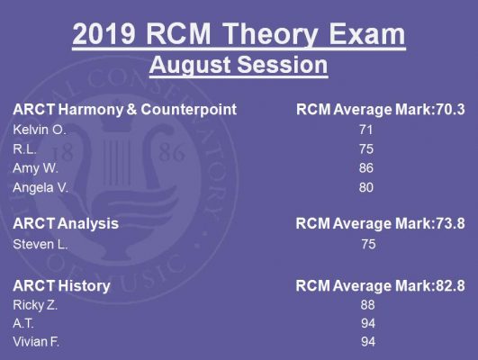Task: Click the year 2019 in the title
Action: [x=104, y=34]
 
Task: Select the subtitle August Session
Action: [x=239, y=65]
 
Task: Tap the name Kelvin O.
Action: [x=40, y=130]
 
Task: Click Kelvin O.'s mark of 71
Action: [x=365, y=130]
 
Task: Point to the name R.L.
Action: [x=24, y=149]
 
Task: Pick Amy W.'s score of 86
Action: [x=365, y=168]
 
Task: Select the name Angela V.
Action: [x=41, y=188]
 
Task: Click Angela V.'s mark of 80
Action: [x=365, y=187]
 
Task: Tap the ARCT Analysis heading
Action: [x=66, y=224]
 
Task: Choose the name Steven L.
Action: [x=40, y=244]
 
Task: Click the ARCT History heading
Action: [x=61, y=286]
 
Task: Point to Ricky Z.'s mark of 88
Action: [x=367, y=305]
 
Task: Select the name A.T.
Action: [x=23, y=323]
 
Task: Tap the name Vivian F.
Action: [x=36, y=342]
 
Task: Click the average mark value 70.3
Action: [x=451, y=110]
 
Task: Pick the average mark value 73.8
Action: [x=451, y=223]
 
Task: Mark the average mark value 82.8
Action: [x=451, y=286]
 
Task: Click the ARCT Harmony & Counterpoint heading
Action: [x=125, y=110]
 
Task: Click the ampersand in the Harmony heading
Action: [x=131, y=110]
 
